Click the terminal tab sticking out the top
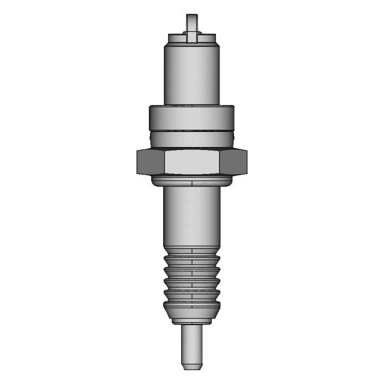[x=191, y=24]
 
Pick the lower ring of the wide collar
[x=191, y=139]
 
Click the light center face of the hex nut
[x=191, y=162]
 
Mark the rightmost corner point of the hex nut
[x=247, y=162]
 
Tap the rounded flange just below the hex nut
[x=191, y=181]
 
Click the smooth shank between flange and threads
[x=191, y=216]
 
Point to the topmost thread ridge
[x=191, y=256]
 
